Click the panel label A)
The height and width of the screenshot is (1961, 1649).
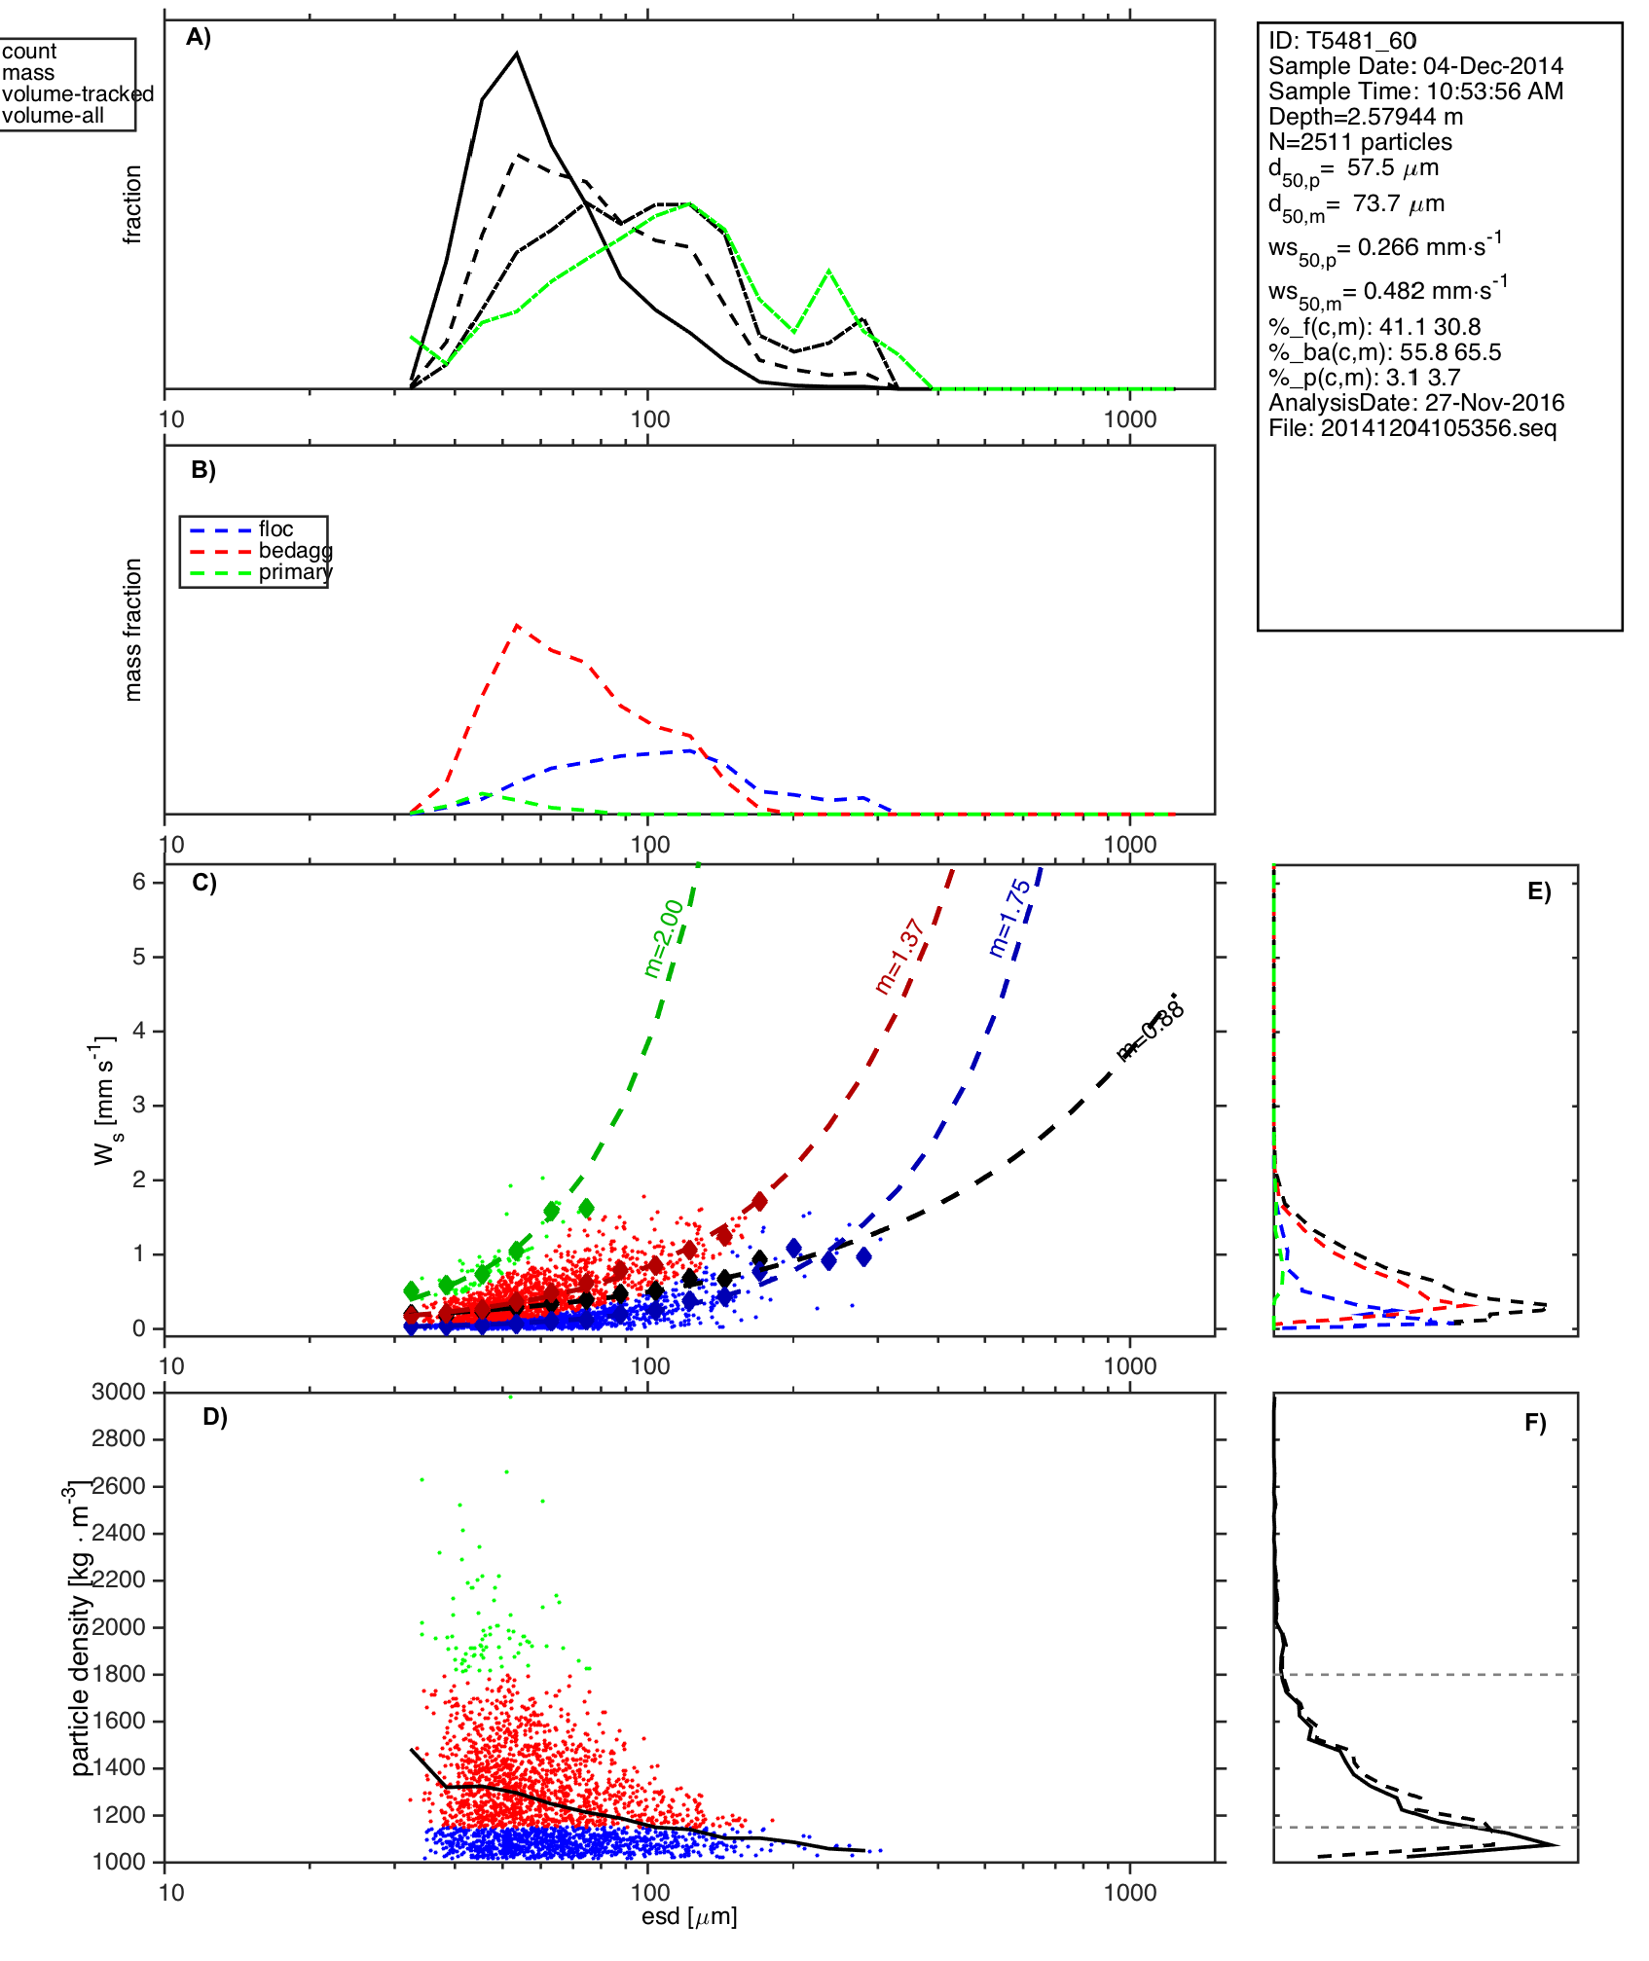pyautogui.click(x=199, y=37)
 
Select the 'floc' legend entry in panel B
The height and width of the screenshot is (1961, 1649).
pyautogui.click(x=275, y=529)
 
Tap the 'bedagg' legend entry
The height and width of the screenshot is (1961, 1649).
pyautogui.click(x=295, y=551)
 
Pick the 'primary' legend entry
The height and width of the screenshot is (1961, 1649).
pyautogui.click(x=295, y=572)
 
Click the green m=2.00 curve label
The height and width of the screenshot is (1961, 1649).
pyautogui.click(x=664, y=938)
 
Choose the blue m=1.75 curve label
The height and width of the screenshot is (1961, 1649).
pyautogui.click(x=1009, y=917)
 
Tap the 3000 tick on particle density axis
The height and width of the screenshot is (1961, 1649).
pyautogui.click(x=118, y=1392)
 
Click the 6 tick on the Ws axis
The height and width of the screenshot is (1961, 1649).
pyautogui.click(x=139, y=882)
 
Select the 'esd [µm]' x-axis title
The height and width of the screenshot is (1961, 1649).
pyautogui.click(x=689, y=1917)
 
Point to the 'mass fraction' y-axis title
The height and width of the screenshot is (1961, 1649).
pyautogui.click(x=133, y=630)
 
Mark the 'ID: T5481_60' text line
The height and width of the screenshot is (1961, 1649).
pyautogui.click(x=1342, y=41)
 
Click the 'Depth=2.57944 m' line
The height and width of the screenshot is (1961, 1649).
pyautogui.click(x=1365, y=117)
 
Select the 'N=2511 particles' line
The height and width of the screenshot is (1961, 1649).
pyautogui.click(x=1360, y=142)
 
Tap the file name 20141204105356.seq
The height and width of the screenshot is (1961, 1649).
pyautogui.click(x=1438, y=428)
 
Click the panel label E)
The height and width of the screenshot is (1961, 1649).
pyautogui.click(x=1539, y=892)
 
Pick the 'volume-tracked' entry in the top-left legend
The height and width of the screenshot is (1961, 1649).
pyautogui.click(x=78, y=94)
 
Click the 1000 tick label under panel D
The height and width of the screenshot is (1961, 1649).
pyautogui.click(x=1130, y=1893)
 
